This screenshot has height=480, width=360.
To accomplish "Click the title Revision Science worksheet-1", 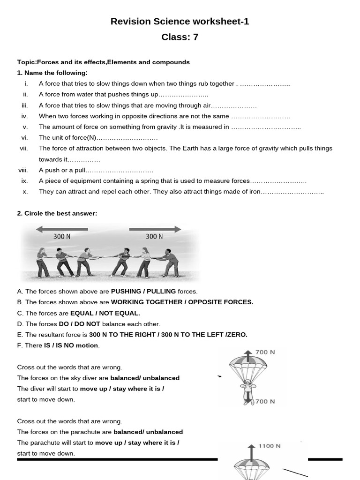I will click(180, 21).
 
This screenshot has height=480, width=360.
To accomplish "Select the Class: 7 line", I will click(180, 37).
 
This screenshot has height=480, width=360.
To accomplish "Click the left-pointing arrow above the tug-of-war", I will click(61, 229).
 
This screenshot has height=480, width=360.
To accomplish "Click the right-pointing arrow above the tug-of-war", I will click(155, 229).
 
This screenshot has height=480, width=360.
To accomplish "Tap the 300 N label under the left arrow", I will click(61, 237).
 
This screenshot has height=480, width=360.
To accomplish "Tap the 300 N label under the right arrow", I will click(154, 237).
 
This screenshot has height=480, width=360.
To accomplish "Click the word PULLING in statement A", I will click(162, 292).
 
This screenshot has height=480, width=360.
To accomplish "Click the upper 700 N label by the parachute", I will click(265, 352).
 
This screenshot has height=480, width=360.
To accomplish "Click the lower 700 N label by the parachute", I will click(265, 401).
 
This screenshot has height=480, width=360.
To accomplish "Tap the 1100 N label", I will click(270, 446).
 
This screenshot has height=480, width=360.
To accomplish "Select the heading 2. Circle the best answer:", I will click(57, 213).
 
